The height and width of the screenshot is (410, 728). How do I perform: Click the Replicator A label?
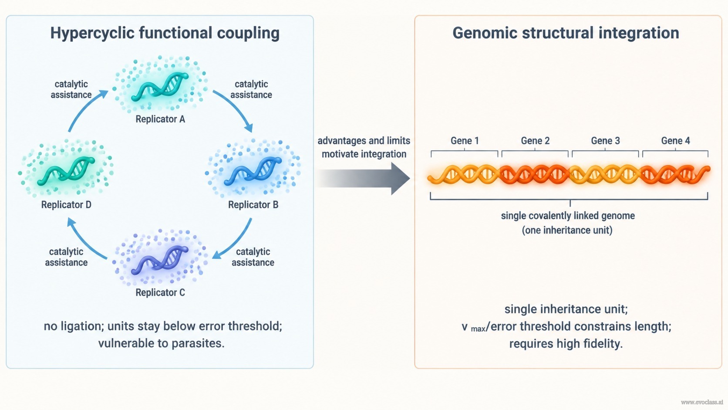[x=160, y=119]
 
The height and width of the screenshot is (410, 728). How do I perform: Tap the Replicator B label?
[x=253, y=204]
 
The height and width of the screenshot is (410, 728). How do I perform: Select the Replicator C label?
[x=160, y=292]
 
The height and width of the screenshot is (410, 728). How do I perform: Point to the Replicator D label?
[x=66, y=204]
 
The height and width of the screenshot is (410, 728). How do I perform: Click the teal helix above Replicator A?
[x=160, y=86]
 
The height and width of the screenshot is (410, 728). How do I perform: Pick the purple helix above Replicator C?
[x=160, y=260]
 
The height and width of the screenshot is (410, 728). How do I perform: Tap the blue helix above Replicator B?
[x=253, y=171]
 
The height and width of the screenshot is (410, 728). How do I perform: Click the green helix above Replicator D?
[x=66, y=171]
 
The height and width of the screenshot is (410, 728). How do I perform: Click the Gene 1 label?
[x=465, y=141]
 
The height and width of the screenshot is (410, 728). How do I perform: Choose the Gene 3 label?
[x=606, y=141]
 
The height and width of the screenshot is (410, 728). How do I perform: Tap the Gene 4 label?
[x=676, y=141]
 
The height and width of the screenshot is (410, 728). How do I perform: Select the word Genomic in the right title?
[x=485, y=33]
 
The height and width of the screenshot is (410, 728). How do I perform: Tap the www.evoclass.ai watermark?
[x=702, y=402]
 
